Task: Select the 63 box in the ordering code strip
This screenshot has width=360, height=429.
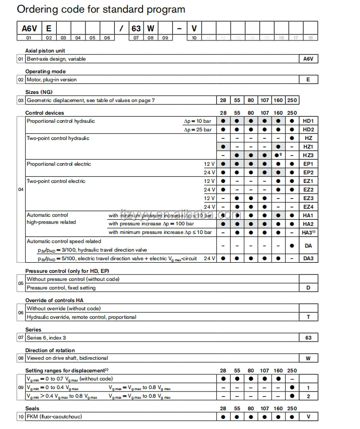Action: (x=136, y=28)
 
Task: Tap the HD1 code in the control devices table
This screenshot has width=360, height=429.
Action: (x=308, y=121)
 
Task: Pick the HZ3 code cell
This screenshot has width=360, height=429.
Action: (x=308, y=156)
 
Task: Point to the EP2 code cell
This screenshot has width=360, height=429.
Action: (x=308, y=173)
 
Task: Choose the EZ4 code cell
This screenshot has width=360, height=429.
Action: (x=308, y=207)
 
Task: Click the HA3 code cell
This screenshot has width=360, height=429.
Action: (x=309, y=232)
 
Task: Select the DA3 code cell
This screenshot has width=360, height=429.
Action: (x=308, y=258)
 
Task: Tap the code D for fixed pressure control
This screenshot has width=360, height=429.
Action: (x=308, y=288)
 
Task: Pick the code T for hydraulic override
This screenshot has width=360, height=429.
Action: (x=308, y=317)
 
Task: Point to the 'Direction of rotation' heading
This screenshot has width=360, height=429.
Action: (x=50, y=350)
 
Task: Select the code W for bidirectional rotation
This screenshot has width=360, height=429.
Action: (x=308, y=358)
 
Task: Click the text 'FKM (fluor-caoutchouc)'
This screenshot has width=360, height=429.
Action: (x=54, y=417)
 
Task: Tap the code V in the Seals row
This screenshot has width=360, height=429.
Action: (x=308, y=417)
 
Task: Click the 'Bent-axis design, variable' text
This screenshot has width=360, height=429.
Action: (x=56, y=59)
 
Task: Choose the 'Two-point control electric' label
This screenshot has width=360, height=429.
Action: (x=56, y=181)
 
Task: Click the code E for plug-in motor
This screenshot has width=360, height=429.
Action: (x=308, y=80)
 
